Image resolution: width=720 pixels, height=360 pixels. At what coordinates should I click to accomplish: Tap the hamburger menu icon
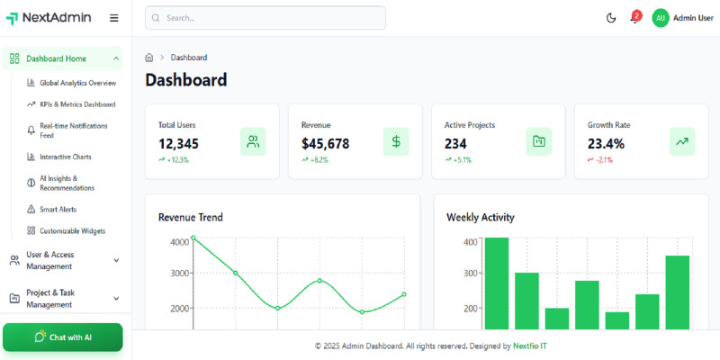point(113,18)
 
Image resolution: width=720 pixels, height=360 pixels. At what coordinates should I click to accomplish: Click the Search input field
point(265,18)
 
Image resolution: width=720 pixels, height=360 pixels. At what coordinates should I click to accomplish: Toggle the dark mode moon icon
point(611,18)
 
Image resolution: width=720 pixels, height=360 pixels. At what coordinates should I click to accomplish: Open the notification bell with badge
point(634,18)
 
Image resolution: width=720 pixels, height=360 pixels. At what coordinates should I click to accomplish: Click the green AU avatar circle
point(661,18)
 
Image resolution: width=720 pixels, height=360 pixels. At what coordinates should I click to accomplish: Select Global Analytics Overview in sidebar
point(77,83)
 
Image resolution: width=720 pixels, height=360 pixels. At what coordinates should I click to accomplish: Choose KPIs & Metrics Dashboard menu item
point(77,104)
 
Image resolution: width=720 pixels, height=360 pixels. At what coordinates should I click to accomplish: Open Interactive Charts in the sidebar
point(65,157)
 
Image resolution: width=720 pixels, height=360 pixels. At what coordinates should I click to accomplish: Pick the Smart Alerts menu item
point(58,209)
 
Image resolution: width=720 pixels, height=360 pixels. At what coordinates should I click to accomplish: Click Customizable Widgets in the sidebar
point(72,230)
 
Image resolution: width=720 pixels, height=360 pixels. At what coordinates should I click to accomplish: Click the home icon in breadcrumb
point(149,58)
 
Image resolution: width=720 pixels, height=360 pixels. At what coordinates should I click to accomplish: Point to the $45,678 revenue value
point(325,143)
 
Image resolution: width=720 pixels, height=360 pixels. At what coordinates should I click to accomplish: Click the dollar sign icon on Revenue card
point(396,141)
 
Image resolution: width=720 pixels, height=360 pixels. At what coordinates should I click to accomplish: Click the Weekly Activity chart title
point(480,217)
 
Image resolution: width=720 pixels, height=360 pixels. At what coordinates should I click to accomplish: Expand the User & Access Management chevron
point(116,260)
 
